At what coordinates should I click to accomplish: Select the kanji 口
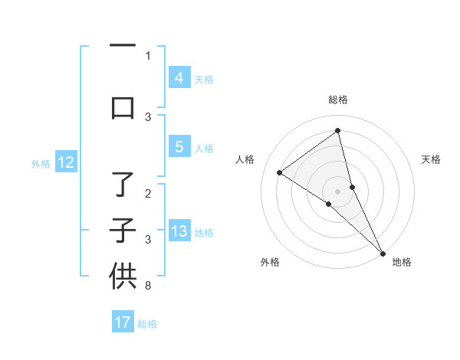[x=123, y=107]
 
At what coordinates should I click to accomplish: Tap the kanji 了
[x=123, y=185]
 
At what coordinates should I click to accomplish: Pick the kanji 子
[x=123, y=231]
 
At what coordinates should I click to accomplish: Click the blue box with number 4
[x=179, y=78]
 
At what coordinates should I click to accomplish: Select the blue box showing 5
[x=179, y=147]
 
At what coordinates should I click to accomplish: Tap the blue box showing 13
[x=179, y=231]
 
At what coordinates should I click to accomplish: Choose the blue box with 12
[x=66, y=162]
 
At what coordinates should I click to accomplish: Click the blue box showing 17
[x=123, y=322]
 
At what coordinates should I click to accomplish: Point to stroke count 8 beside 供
[x=148, y=286]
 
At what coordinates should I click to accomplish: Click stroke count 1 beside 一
[x=148, y=56]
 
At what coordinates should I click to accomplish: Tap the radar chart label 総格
[x=337, y=100]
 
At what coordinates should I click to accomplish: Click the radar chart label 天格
[x=432, y=159]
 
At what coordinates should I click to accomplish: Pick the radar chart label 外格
[x=270, y=262]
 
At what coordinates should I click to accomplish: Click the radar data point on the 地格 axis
[x=383, y=253]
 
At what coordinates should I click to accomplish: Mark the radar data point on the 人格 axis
[x=280, y=172]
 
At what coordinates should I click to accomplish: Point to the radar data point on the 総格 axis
[x=337, y=130]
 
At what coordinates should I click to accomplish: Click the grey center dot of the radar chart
[x=337, y=191]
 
